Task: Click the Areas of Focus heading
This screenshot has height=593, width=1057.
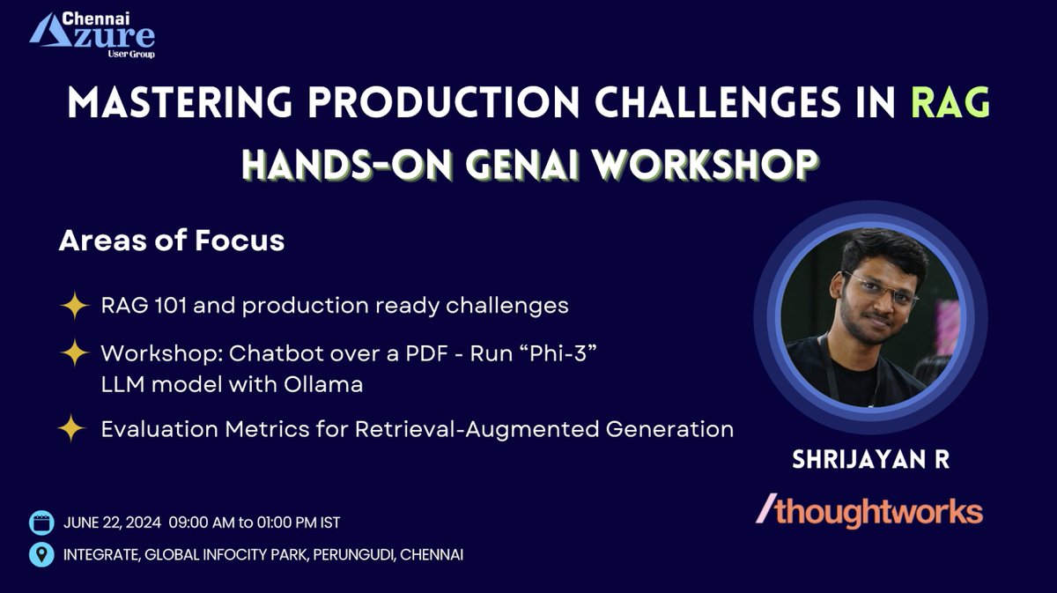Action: (x=171, y=241)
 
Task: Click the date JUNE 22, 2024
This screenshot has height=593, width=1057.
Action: (x=112, y=523)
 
